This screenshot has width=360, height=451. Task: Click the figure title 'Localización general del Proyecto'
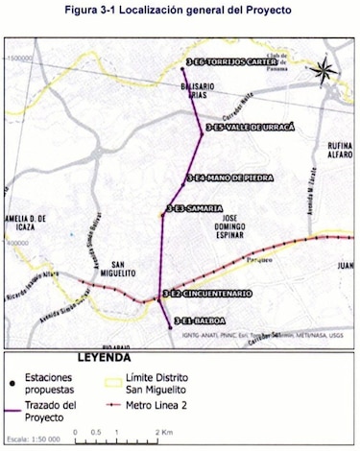204,9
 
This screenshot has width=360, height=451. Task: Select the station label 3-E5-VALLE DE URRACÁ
252,126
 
